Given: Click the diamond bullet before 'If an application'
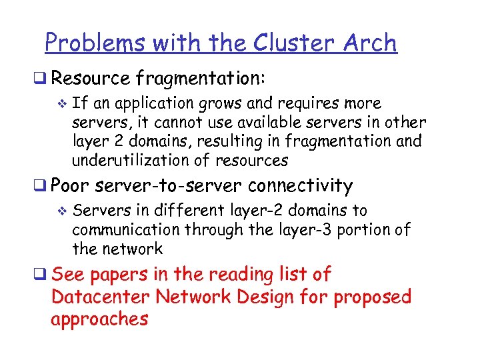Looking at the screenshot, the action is coord(63,104).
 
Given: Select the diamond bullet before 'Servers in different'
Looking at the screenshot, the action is coord(63,211).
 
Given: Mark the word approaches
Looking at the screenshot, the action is coord(99,319).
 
